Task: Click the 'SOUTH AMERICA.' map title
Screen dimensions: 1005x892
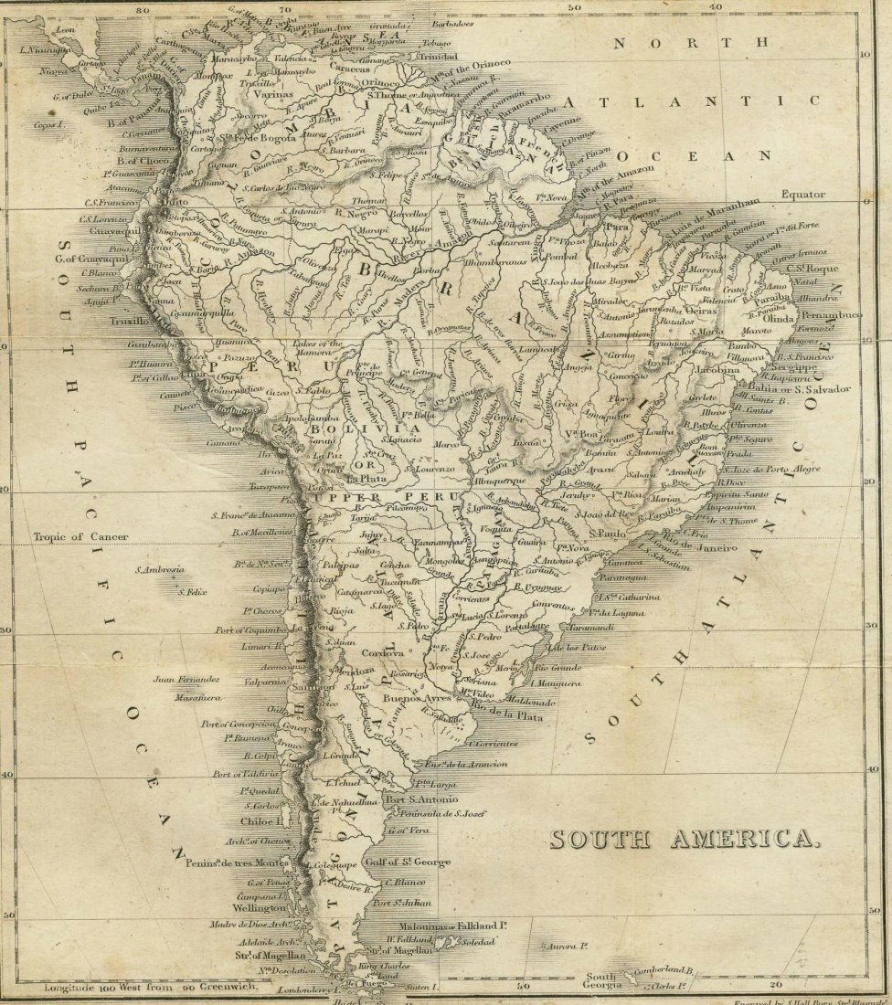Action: pyautogui.click(x=680, y=839)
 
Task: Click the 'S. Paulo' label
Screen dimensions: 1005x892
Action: pyautogui.click(x=612, y=533)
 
